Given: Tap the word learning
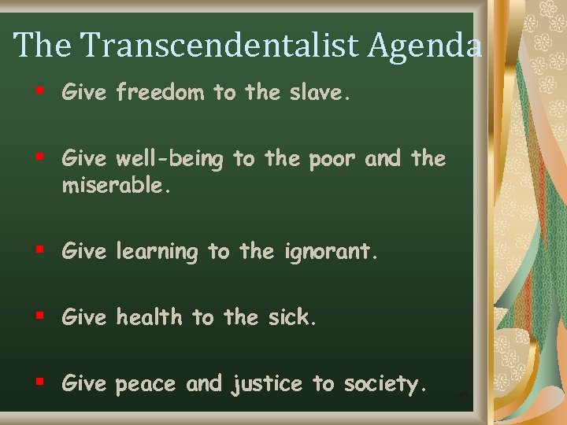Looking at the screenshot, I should click(156, 253).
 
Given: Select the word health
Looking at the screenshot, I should click(149, 317).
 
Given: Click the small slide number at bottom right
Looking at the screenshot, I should click(462, 394).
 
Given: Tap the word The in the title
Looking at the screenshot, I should click(43, 45).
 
